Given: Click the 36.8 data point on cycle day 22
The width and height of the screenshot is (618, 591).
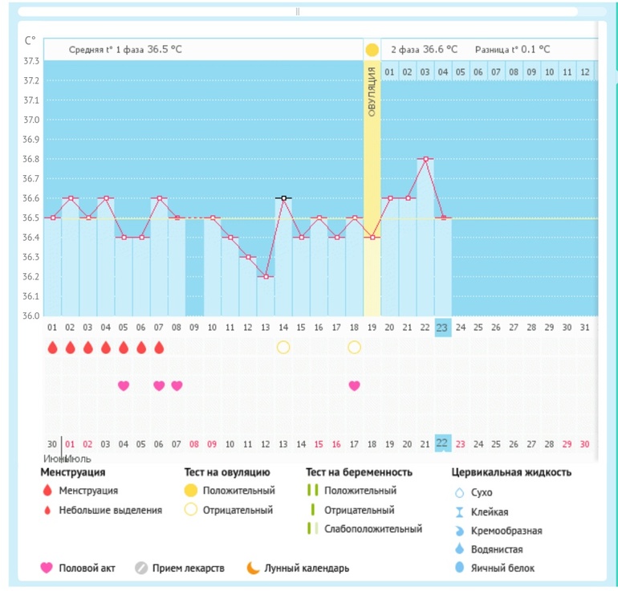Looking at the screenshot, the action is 425,159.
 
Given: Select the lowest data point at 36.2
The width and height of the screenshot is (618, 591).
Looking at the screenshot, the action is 266,276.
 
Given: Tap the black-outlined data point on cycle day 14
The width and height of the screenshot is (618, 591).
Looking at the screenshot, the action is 284,198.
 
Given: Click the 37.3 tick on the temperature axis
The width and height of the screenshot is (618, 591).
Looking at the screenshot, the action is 31,61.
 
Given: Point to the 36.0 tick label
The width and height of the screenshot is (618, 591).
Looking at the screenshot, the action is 31,316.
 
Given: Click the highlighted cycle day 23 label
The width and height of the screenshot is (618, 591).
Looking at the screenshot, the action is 442,328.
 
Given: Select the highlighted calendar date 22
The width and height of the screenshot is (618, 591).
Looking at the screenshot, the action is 442,443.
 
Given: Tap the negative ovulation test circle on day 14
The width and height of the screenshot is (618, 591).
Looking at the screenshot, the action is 283,348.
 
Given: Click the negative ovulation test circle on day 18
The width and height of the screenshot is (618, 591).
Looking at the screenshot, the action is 354,348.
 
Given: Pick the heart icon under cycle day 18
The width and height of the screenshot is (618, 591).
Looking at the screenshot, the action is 354,385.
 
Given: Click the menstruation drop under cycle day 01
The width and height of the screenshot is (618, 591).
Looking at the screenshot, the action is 52,348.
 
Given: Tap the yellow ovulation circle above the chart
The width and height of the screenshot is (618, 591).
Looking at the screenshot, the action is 372,50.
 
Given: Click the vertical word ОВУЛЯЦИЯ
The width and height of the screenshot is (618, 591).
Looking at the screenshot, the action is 372,92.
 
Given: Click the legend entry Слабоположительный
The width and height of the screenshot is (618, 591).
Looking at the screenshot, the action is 365,528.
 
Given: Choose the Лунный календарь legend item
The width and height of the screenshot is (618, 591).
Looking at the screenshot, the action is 298,569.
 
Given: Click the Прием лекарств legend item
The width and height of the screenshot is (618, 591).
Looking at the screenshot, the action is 180,569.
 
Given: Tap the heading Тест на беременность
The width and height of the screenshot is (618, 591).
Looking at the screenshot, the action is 359,472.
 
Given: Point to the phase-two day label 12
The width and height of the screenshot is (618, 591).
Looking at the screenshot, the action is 585,72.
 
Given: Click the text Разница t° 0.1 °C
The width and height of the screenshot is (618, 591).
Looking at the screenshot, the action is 512,50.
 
